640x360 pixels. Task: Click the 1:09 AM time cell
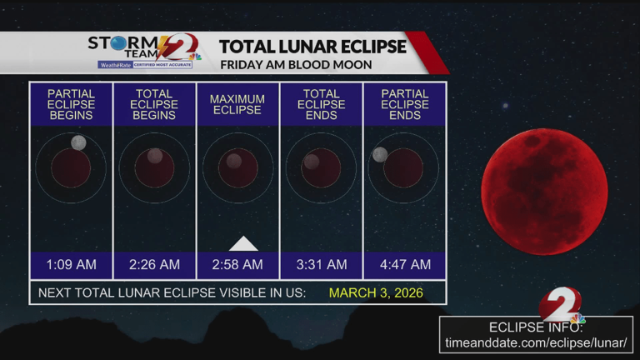pyautogui.click(x=71, y=265)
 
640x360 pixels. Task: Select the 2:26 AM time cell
pyautogui.click(x=154, y=265)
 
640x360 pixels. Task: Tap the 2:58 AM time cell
pyautogui.click(x=237, y=265)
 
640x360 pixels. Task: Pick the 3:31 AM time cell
pyautogui.click(x=321, y=265)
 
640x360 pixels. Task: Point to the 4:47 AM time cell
pyautogui.click(x=405, y=265)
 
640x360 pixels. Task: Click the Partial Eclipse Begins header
pyautogui.click(x=71, y=105)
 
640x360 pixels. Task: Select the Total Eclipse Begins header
pyautogui.click(x=154, y=105)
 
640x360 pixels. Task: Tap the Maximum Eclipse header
pyautogui.click(x=237, y=105)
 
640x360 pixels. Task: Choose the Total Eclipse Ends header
pyautogui.click(x=321, y=105)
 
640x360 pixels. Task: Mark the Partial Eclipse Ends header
pyautogui.click(x=405, y=105)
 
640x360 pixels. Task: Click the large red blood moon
pyautogui.click(x=544, y=192)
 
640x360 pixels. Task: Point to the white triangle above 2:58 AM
pyautogui.click(x=243, y=243)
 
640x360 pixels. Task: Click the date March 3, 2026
pyautogui.click(x=376, y=292)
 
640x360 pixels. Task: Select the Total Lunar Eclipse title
pyautogui.click(x=312, y=46)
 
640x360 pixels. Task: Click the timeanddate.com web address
pyautogui.click(x=537, y=342)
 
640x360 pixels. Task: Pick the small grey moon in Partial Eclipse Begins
pyautogui.click(x=79, y=142)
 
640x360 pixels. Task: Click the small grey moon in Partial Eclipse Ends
pyautogui.click(x=380, y=154)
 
